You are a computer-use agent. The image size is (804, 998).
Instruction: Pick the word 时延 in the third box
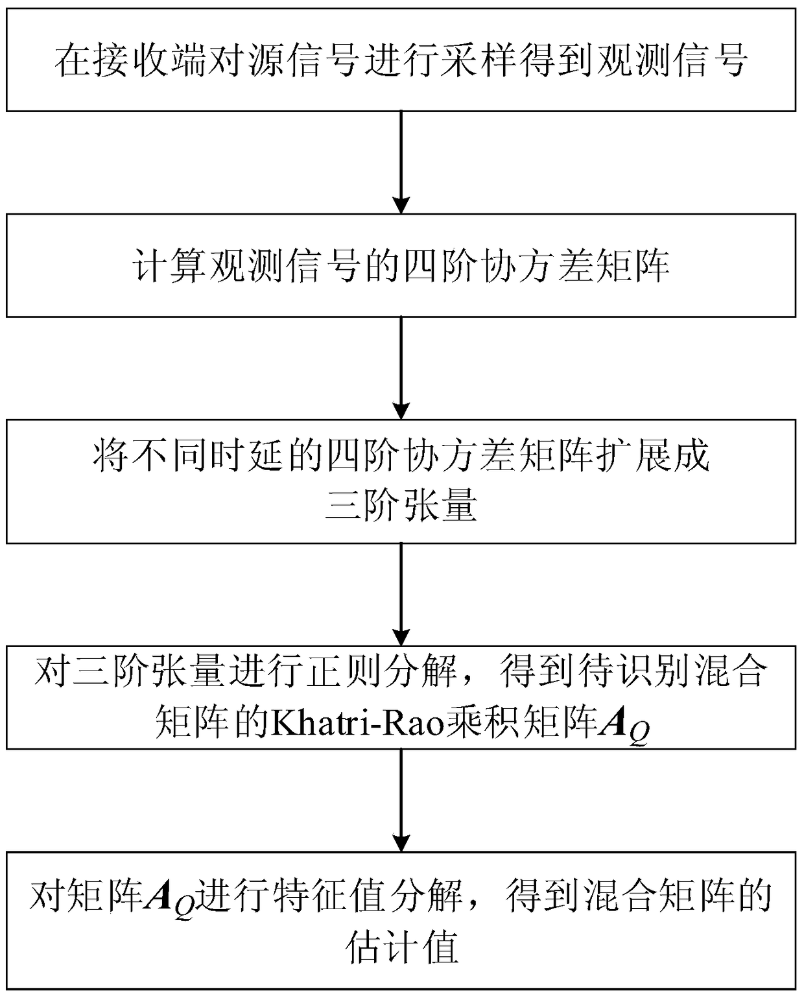(x=248, y=456)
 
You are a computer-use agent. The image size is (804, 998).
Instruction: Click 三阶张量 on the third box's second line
(x=401, y=505)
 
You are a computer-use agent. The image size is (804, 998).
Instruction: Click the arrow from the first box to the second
(x=402, y=162)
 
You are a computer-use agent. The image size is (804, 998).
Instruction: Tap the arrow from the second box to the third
(x=402, y=368)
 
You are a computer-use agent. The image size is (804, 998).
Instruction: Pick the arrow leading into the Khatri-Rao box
(x=402, y=594)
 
